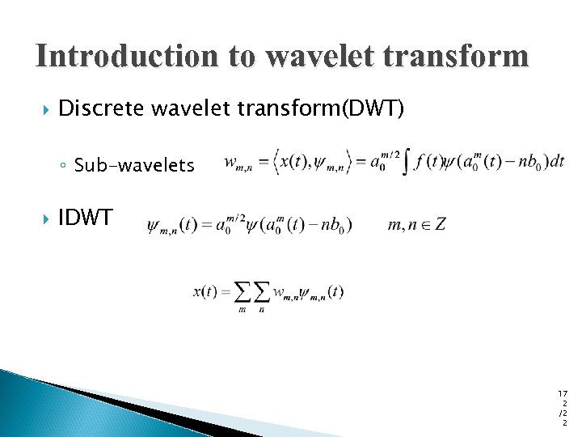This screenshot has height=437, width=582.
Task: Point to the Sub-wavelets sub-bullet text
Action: pyautogui.click(x=134, y=166)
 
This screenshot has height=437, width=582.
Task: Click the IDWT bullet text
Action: pyautogui.click(x=86, y=218)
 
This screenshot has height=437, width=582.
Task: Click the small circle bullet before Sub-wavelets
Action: pyautogui.click(x=64, y=167)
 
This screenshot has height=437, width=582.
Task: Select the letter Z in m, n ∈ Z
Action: pyautogui.click(x=440, y=224)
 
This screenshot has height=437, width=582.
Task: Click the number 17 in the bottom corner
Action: pyautogui.click(x=563, y=393)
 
